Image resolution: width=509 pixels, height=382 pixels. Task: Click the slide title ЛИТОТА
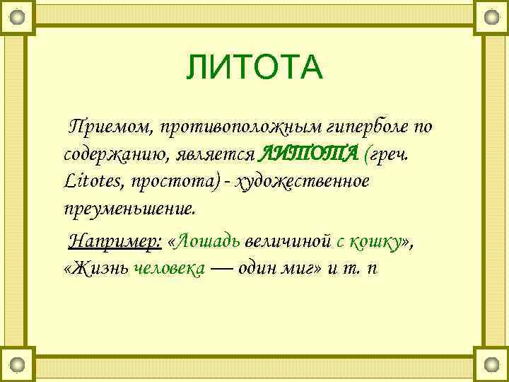[x=255, y=68]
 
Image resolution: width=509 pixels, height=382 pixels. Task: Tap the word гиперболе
[x=368, y=127]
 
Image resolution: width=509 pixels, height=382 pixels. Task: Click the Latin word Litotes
[x=93, y=182]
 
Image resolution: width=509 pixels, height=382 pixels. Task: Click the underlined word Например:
[x=116, y=241]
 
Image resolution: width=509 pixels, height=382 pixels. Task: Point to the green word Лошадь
[x=209, y=241]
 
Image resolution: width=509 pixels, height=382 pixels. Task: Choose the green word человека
[x=169, y=270]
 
